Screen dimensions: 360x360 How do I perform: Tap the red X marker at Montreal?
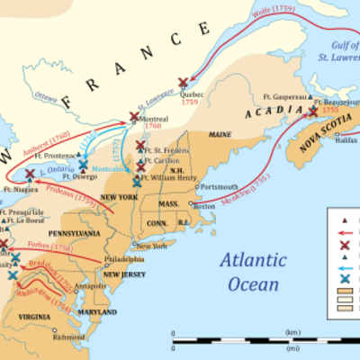(x=134, y=116)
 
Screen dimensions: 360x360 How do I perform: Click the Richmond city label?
(x=68, y=337)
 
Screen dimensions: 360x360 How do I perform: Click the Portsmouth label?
(x=220, y=186)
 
